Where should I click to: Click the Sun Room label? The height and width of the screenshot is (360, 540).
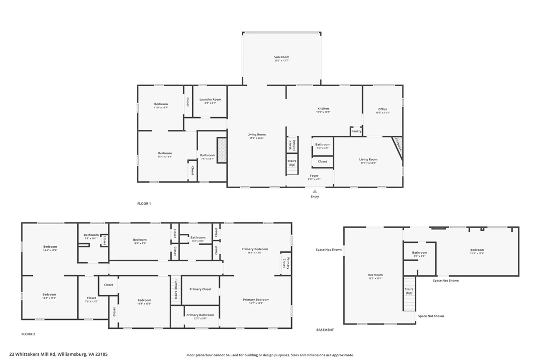281,57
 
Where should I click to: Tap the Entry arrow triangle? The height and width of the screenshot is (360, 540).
315,191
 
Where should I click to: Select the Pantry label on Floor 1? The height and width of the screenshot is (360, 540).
356,131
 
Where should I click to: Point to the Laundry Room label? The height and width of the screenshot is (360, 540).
210,99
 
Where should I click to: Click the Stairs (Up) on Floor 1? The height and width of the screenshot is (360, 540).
292,163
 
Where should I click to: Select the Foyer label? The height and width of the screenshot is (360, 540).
314,176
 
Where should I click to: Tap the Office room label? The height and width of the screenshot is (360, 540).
383,109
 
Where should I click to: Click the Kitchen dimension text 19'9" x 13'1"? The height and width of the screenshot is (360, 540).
323,112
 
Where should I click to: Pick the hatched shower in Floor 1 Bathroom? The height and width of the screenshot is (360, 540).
222,150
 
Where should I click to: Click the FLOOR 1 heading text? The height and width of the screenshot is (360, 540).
144,204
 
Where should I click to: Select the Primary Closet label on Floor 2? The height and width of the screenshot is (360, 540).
200,289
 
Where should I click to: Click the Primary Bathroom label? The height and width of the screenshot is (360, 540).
200,315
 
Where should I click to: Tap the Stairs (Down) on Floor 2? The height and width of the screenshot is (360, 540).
176,290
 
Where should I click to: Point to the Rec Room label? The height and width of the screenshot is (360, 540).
375,275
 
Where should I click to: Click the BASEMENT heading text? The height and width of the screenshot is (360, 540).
325,330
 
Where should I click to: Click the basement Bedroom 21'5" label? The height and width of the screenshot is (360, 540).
477,250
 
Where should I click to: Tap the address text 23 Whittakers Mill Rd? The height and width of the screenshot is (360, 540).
58,354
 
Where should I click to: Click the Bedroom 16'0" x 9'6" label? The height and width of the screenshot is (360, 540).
140,240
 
